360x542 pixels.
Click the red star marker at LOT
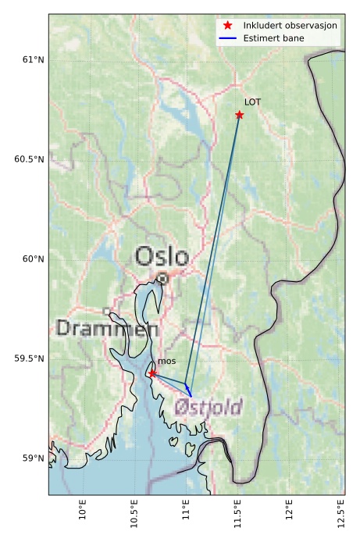[240, 115]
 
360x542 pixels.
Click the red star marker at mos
[151, 373]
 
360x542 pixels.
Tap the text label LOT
[252, 102]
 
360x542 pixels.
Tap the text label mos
[166, 362]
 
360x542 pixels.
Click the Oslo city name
[162, 256]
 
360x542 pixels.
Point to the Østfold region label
[208, 407]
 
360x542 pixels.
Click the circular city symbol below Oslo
[162, 278]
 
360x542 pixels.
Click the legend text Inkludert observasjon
[290, 26]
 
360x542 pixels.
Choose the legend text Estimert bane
[273, 38]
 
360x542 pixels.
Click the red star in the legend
[227, 26]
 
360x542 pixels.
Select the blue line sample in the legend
[227, 38]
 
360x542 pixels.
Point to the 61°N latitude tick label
[30, 60]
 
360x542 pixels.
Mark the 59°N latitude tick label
[30, 458]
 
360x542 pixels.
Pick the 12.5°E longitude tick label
[341, 512]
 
